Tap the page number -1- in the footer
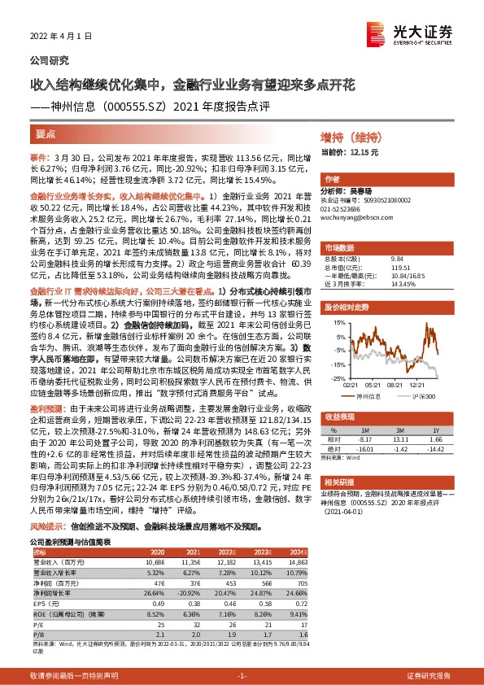(241, 676)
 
